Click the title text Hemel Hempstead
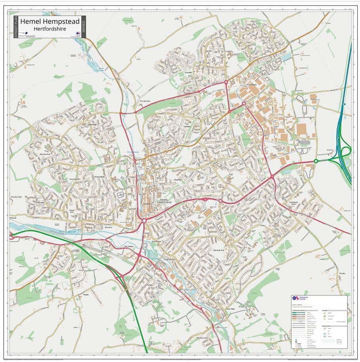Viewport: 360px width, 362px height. [50, 21]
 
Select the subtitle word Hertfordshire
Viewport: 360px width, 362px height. [50, 29]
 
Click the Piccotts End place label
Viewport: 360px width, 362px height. [145, 102]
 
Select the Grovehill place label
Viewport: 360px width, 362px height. [188, 73]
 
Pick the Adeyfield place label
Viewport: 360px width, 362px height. [177, 179]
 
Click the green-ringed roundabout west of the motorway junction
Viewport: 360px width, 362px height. [316, 161]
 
